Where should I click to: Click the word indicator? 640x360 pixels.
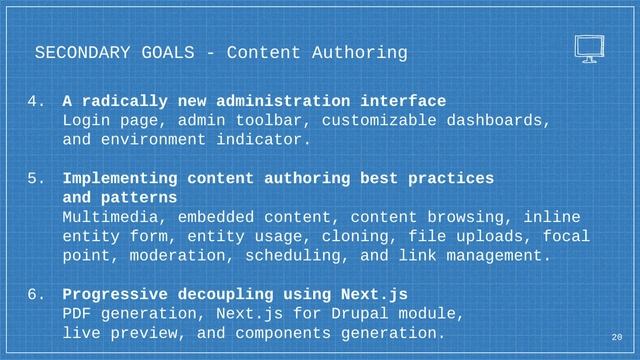click(x=265, y=140)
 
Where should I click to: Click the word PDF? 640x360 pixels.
click(x=77, y=314)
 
